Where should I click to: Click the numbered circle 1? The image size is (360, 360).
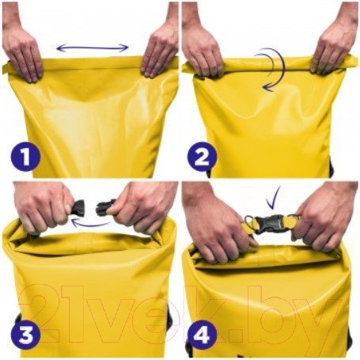25,157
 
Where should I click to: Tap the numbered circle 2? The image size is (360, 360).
202,157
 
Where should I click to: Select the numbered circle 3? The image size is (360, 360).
25,335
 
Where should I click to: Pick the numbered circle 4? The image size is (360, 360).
202,335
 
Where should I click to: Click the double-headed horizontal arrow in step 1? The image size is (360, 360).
93,47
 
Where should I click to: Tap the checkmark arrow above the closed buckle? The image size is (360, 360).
272,199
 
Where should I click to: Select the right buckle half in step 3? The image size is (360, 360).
105,207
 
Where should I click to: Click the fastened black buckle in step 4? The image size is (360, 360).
271,224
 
